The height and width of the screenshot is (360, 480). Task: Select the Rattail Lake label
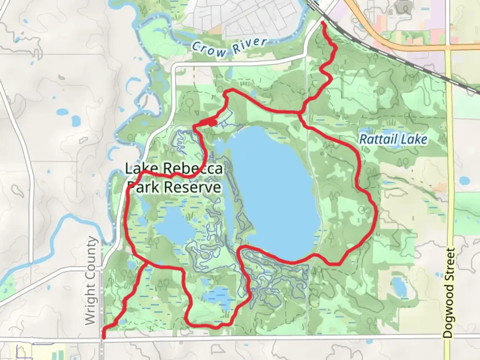(x=393, y=139)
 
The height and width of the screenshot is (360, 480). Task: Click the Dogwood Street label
(x=450, y=293)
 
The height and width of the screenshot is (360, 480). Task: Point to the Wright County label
(x=91, y=281)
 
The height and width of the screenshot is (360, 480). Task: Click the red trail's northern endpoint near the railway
(x=322, y=23)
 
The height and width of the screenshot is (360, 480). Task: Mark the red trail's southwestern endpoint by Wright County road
(x=104, y=337)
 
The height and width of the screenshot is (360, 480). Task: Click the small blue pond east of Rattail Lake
(x=464, y=181)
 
